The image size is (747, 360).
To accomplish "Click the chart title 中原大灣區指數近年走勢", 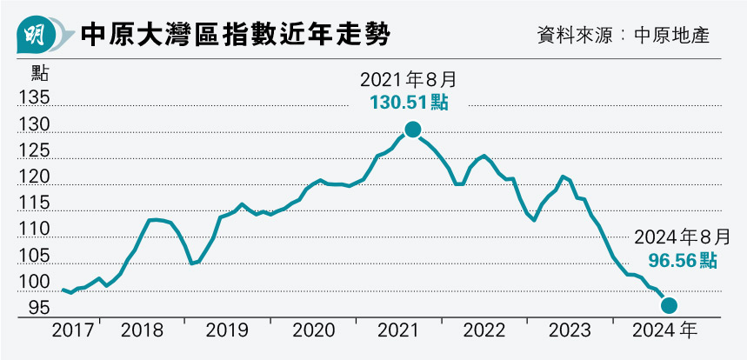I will (x=234, y=35).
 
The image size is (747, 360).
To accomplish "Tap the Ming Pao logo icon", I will (x=35, y=36).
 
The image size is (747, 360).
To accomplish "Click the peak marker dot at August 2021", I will (x=412, y=130).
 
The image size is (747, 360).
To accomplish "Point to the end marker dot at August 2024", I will (x=670, y=305).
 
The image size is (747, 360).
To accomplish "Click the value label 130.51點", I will (x=409, y=103).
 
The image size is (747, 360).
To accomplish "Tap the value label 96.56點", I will (x=683, y=260).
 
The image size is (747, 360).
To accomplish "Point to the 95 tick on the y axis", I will (x=39, y=308).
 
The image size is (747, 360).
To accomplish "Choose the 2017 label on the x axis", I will (x=74, y=330).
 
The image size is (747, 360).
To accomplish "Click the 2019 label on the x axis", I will (x=227, y=330).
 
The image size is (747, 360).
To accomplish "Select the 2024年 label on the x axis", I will (x=664, y=330).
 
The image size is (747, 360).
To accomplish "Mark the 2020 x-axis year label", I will (x=312, y=330).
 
